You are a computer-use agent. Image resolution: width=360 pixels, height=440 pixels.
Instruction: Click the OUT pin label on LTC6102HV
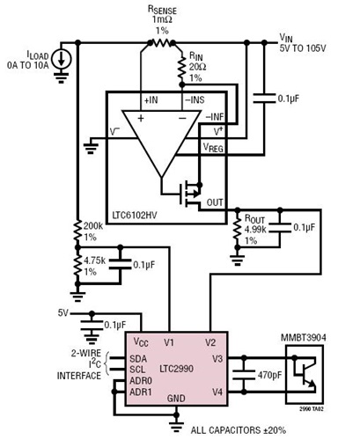point(213,202)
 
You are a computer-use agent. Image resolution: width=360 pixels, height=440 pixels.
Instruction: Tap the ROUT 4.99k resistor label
point(259,225)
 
